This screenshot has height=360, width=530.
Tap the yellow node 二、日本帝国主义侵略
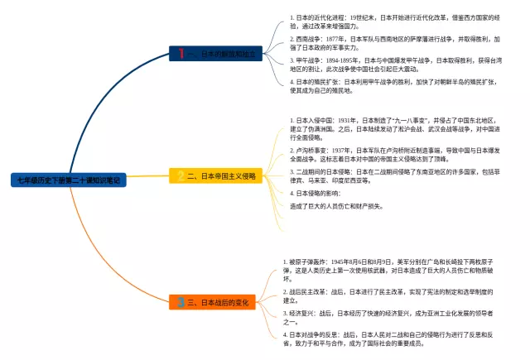pos(218,176)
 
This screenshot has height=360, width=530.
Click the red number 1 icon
pos(181,54)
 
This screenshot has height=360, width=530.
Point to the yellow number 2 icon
pos(181,176)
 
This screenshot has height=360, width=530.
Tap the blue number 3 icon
pos(181,303)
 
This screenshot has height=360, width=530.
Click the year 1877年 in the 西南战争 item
pos(334,38)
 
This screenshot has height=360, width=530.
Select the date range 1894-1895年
pos(344,60)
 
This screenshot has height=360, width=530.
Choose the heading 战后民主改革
pos(306,291)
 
